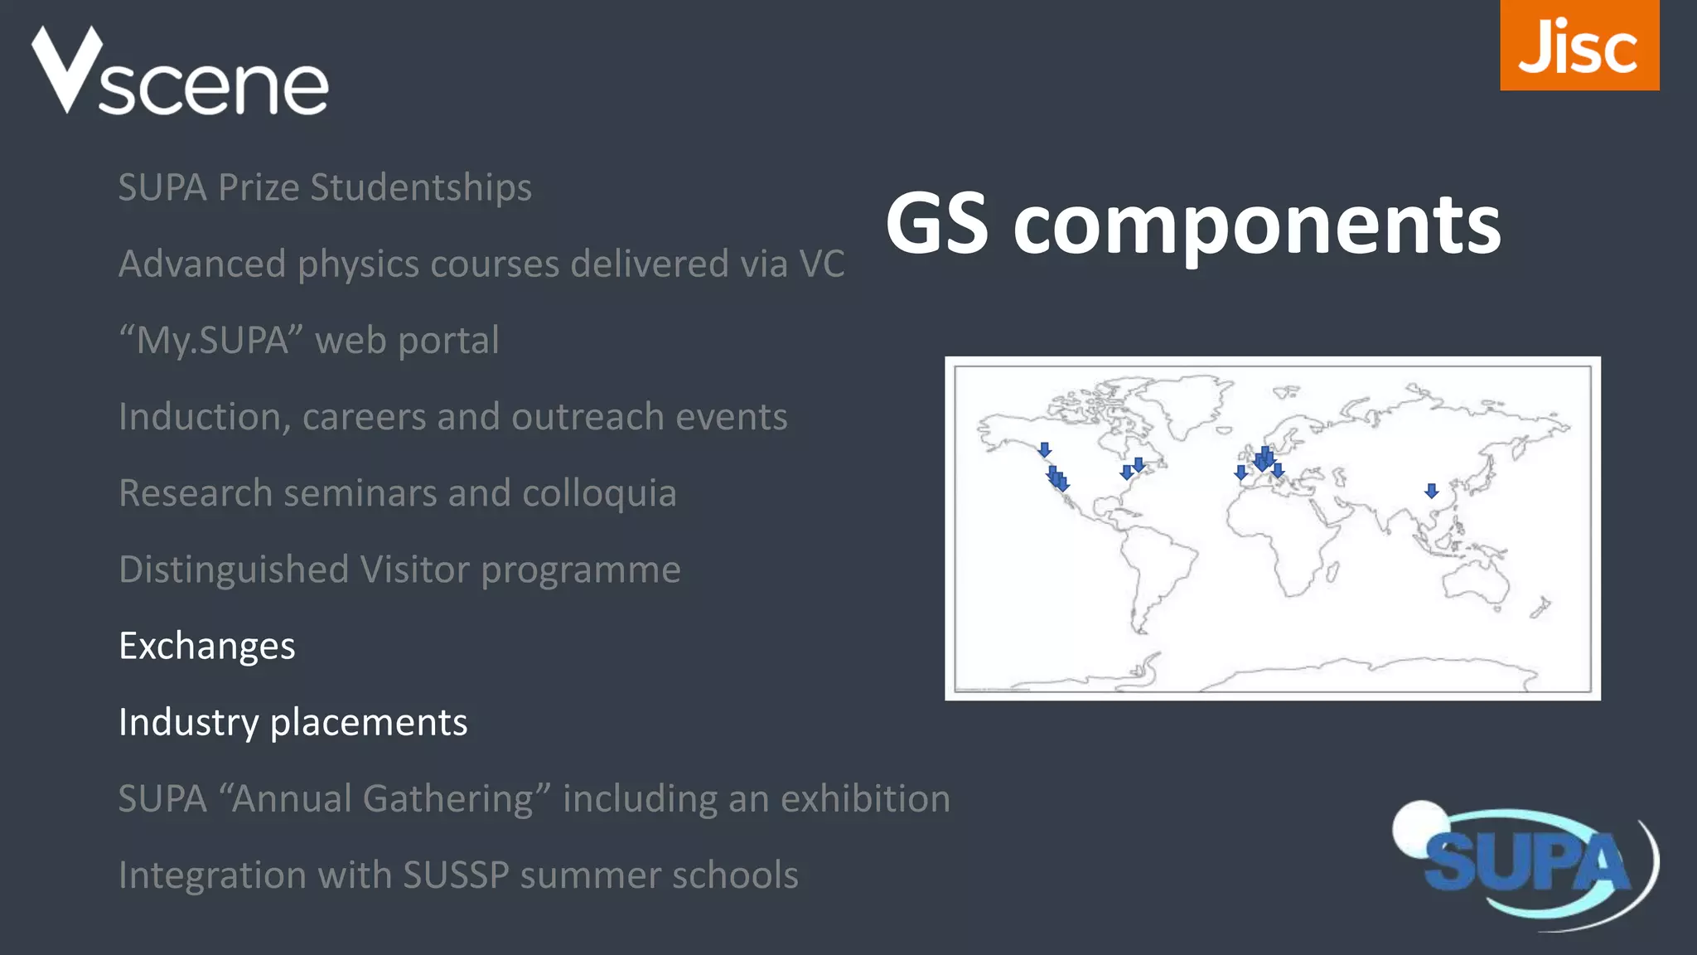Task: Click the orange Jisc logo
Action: click(1579, 46)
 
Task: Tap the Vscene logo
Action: click(180, 73)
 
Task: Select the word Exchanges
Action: click(206, 647)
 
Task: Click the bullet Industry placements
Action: click(293, 723)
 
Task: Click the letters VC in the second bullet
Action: click(821, 264)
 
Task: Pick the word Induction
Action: click(204, 417)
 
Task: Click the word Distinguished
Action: click(234, 570)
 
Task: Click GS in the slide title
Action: click(936, 224)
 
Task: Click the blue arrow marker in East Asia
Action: click(1431, 492)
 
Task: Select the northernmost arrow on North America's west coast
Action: click(1045, 450)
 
